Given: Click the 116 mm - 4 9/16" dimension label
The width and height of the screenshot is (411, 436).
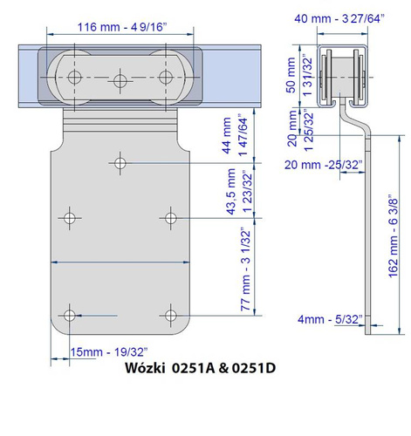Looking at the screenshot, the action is click(x=122, y=27).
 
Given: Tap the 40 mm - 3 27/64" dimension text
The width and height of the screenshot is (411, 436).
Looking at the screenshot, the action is click(x=339, y=18).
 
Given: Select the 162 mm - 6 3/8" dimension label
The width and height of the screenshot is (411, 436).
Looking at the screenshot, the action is click(x=393, y=236).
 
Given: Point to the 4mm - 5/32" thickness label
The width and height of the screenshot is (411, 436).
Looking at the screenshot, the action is click(x=330, y=319).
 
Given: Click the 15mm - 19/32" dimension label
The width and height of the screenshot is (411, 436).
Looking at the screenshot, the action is click(x=109, y=352).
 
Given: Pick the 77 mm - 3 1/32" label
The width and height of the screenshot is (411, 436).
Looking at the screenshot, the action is click(x=246, y=270).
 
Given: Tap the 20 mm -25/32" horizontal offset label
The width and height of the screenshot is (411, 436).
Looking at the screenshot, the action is click(x=324, y=165).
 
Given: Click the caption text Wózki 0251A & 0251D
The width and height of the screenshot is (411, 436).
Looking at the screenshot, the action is click(x=201, y=368).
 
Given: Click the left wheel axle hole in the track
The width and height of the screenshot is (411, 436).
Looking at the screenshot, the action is click(x=74, y=78).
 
